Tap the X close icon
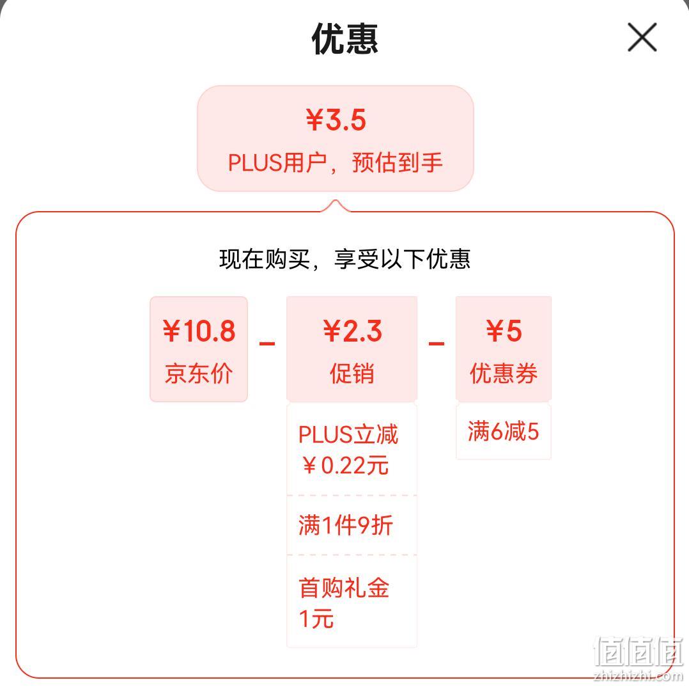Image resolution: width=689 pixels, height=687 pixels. point(642,37)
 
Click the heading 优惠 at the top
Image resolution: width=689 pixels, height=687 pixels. point(345,39)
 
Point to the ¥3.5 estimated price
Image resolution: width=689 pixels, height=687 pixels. point(336,120)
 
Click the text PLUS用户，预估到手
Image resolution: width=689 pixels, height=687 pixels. point(336,162)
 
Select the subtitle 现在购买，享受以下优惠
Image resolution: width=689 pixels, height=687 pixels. point(345,258)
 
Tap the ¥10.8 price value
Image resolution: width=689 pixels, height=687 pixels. point(199,331)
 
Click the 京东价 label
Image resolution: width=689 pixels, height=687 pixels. point(199,374)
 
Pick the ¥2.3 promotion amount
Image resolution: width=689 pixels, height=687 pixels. point(352,331)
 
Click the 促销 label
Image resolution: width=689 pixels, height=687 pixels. point(352,374)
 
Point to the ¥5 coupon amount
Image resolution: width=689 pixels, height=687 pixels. point(504,331)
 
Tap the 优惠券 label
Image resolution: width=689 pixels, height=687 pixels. point(504,374)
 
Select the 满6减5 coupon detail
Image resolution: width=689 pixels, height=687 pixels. point(503,431)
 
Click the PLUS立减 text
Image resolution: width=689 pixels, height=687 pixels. point(348,434)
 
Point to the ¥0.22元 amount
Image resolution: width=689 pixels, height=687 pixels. point(346,465)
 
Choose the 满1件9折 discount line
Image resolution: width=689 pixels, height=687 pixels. point(345,525)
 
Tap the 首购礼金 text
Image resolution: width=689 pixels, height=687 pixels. point(344,588)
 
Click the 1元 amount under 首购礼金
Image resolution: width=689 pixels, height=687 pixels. point(316,619)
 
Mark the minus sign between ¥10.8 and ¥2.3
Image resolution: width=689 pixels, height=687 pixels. point(267,343)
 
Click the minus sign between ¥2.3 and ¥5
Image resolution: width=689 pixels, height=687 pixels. point(437,343)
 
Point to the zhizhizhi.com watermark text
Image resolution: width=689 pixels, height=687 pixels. point(638,677)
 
